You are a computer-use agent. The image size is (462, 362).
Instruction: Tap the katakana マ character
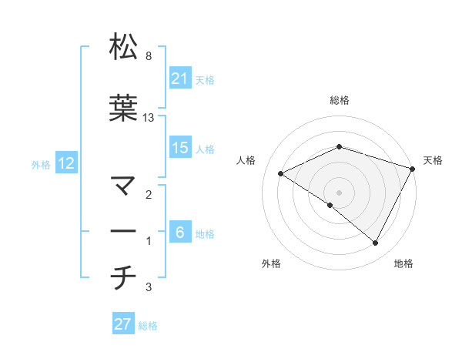pos(123,186)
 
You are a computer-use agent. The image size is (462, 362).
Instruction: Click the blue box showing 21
pos(180,79)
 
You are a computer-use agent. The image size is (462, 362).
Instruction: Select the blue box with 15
pos(180,148)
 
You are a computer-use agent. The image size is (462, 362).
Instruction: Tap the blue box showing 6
pos(180,233)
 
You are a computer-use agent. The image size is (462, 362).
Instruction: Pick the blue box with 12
pos(66,163)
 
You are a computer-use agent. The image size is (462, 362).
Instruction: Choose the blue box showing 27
pos(123,324)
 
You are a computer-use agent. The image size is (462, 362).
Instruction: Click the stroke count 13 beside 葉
pos(149,118)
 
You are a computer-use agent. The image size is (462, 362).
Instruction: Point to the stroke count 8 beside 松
pos(148,56)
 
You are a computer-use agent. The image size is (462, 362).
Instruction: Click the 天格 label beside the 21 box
pos(205,79)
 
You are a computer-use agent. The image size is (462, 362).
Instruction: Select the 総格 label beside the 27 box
pos(148,325)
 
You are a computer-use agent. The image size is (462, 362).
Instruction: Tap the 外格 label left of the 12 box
pos(41,164)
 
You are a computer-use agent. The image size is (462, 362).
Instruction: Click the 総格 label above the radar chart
pos(339,100)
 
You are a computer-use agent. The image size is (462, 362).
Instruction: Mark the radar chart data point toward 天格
pos(413,168)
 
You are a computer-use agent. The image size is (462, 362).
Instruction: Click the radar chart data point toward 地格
pos(376,243)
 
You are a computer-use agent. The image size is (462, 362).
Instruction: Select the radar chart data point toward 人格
pos(281,174)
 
